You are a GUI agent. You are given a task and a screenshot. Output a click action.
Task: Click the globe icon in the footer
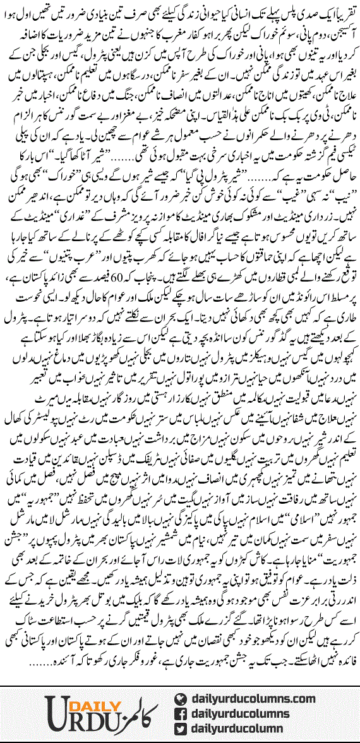(x=181, y=698)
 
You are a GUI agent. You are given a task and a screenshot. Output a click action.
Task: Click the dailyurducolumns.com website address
(x=252, y=698)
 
